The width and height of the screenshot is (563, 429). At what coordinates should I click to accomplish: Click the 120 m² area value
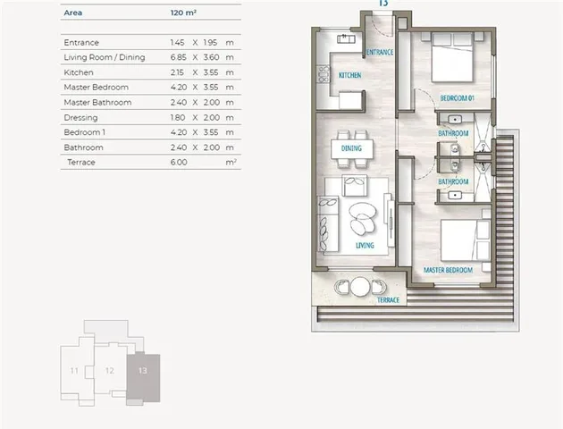tap(183, 13)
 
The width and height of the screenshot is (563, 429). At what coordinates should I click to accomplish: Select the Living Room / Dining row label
tap(105, 57)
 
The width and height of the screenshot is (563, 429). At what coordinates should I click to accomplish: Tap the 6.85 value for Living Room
tap(179, 57)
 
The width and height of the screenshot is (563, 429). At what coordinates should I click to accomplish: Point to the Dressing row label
tap(80, 118)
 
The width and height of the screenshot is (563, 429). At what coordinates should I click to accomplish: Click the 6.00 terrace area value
tap(179, 163)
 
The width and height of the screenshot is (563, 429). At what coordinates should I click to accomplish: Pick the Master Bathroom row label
tap(97, 102)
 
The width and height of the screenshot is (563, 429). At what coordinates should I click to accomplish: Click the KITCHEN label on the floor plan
tap(350, 75)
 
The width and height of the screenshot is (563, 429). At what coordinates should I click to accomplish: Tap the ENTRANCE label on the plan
tap(380, 52)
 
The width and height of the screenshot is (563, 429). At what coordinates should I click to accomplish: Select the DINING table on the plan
tap(352, 148)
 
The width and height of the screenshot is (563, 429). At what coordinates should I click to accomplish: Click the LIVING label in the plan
tap(365, 246)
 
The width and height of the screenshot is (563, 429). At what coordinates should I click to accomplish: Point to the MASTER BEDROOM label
tap(448, 270)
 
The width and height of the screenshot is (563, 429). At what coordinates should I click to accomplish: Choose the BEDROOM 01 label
tap(458, 97)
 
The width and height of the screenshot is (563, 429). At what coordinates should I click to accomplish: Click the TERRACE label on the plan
tap(388, 300)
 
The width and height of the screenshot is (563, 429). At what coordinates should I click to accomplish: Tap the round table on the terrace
tap(360, 287)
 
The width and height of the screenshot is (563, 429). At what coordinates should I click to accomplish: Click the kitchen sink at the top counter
tap(346, 38)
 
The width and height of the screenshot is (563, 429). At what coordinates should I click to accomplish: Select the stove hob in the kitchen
tap(324, 74)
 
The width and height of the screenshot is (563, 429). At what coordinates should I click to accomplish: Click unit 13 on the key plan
tap(143, 378)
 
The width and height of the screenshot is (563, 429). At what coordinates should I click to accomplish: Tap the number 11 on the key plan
tap(74, 371)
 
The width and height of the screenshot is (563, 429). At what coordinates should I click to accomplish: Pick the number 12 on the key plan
tap(110, 371)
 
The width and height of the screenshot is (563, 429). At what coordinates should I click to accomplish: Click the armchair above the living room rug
tap(355, 185)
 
